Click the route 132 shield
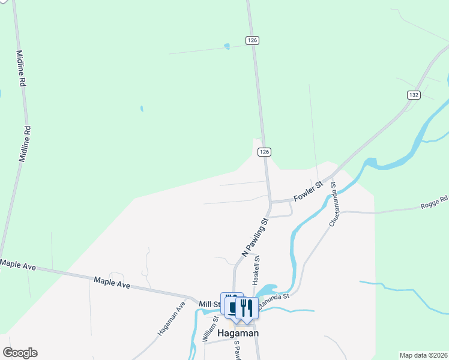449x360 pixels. tap(414, 95)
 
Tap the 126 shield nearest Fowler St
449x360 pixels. tap(264, 152)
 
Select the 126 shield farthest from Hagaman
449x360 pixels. tap(252, 40)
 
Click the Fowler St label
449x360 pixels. tap(308, 192)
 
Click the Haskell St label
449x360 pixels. tap(256, 270)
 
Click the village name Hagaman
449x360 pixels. tap(238, 333)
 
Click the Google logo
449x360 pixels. tap(20, 353)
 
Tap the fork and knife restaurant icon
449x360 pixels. tap(247, 308)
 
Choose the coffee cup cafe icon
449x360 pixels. tap(233, 306)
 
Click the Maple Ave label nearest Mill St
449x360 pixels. tap(112, 283)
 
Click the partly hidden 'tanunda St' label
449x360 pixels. tap(275, 296)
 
